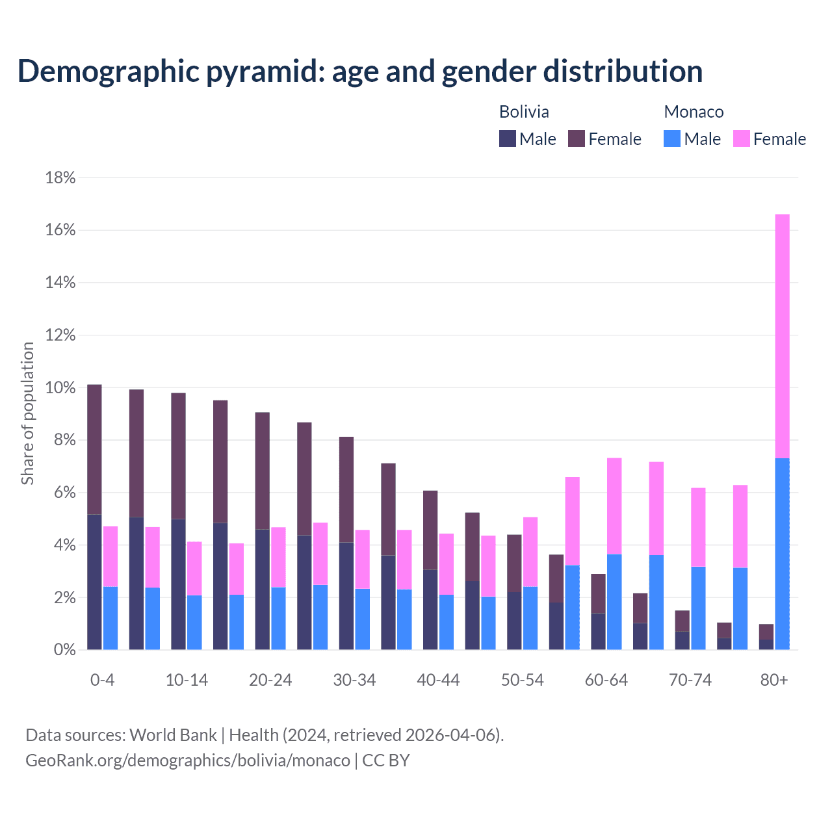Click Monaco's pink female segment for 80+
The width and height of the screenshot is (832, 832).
[x=783, y=336]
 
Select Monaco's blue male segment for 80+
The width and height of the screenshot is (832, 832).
[x=783, y=554]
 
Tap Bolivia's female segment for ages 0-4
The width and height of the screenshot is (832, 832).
[x=94, y=449]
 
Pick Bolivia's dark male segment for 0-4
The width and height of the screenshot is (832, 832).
[x=94, y=582]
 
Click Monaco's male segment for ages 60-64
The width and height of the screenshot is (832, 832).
[x=614, y=602]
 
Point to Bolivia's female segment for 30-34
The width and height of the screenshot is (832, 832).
[x=346, y=489]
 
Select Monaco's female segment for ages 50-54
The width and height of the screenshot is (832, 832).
[x=530, y=552]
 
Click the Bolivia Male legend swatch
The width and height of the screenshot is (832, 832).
[x=508, y=138]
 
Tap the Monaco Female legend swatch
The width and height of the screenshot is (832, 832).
[x=742, y=138]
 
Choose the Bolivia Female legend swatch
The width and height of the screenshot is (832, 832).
[x=577, y=138]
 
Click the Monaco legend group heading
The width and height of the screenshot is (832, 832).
[x=694, y=112]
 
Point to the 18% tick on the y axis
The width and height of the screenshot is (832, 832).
[x=60, y=177]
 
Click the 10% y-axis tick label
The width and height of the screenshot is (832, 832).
[x=60, y=388]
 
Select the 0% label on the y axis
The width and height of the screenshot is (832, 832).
[x=64, y=650]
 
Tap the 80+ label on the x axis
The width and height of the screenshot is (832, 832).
[x=774, y=681]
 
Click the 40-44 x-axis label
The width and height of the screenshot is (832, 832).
[x=438, y=681]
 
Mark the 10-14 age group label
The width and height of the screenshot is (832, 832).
[x=187, y=681]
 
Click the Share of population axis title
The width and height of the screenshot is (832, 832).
[x=27, y=413]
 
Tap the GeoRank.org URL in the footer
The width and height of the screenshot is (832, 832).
[x=188, y=760]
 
